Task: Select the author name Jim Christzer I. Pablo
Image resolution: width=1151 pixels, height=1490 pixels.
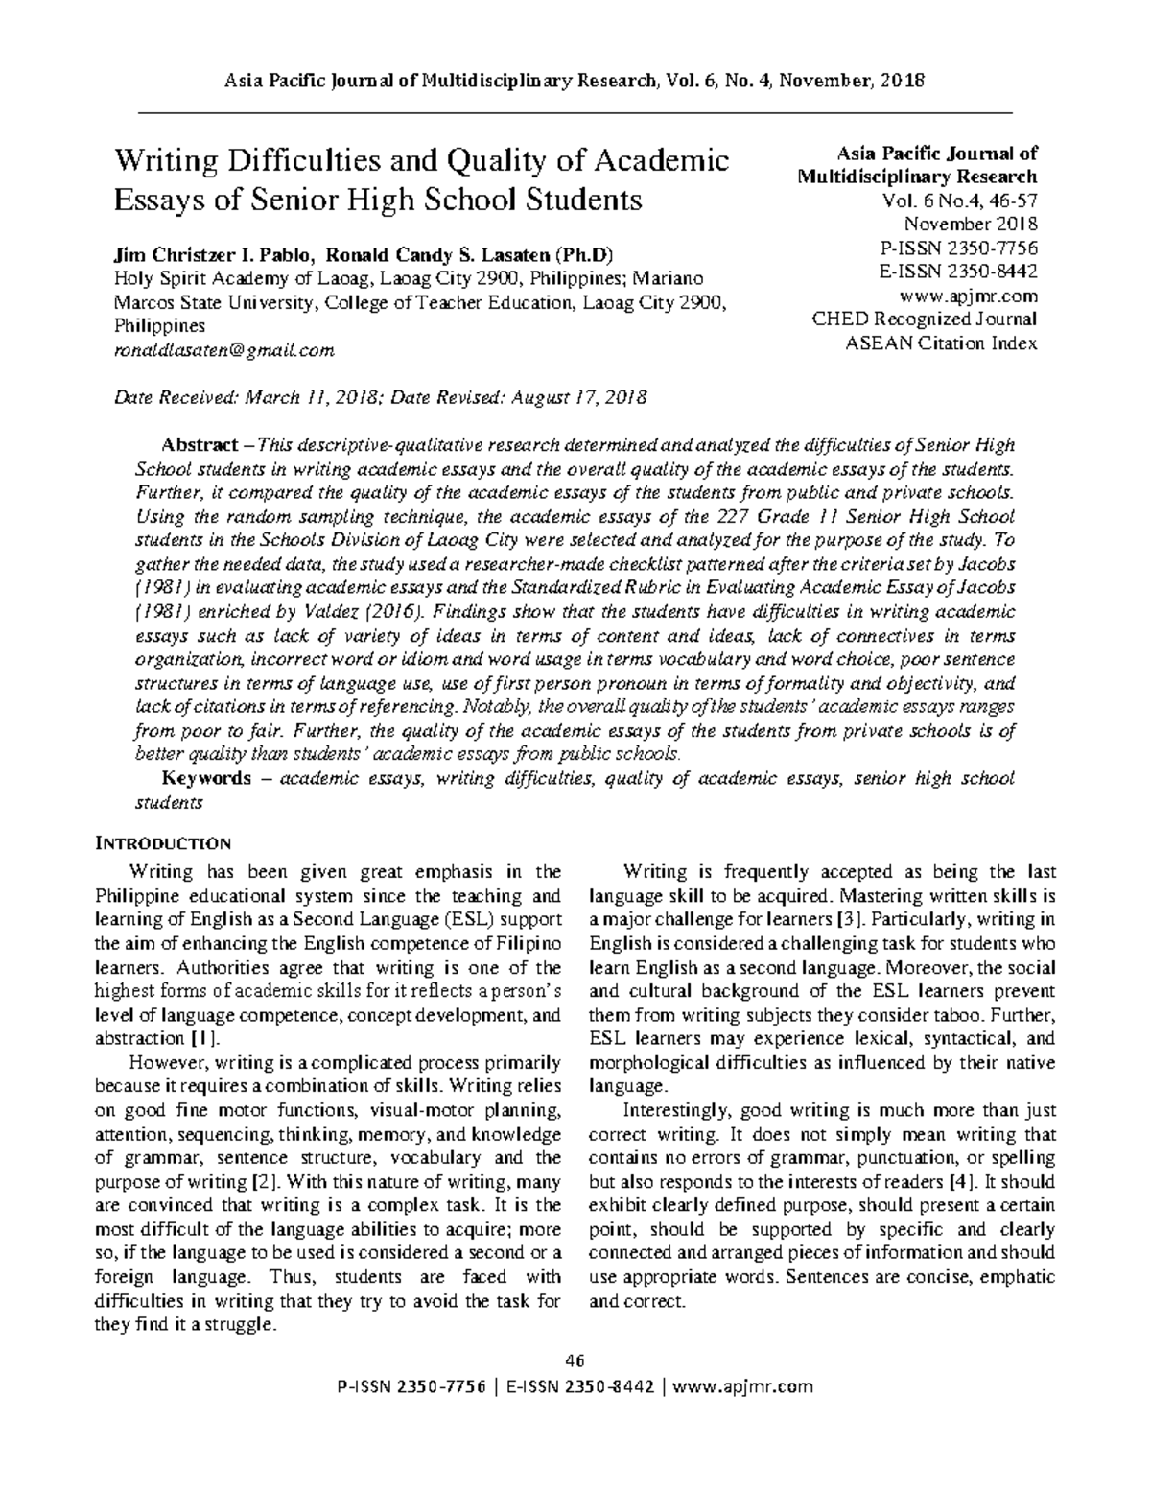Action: coord(213,255)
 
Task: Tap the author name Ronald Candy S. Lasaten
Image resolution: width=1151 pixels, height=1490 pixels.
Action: coord(438,255)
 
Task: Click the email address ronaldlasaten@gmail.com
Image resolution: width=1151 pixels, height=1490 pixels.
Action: coord(224,351)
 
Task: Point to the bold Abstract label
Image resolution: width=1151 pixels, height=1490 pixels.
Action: coord(200,446)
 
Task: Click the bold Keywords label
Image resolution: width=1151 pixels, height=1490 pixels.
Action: coord(207,778)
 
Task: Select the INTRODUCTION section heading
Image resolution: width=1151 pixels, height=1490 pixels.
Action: coord(162,844)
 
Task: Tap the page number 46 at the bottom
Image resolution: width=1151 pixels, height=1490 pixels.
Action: coord(575,1360)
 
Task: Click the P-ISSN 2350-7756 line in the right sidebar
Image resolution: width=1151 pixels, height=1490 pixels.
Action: coord(958,248)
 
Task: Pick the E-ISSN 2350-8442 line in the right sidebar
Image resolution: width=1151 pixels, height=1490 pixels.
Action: coord(958,272)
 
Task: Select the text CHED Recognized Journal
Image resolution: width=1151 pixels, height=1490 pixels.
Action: coord(924,319)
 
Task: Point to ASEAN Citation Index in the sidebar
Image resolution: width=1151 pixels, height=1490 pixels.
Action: coord(940,343)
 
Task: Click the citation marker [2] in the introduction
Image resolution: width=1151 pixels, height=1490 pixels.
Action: coord(257,1181)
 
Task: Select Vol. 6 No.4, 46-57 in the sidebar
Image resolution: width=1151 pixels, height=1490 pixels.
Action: coord(959,201)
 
